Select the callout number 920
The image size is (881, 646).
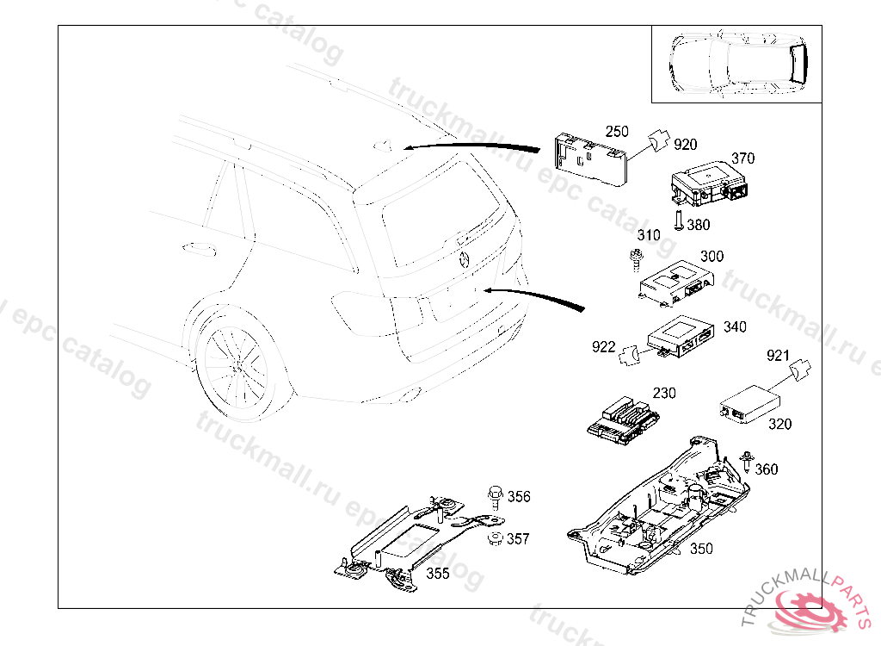pos(685,145)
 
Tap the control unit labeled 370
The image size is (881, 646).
pos(709,184)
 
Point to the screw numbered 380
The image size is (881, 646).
pos(678,220)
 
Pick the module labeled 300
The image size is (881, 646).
pos(676,283)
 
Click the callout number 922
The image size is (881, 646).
pos(603,347)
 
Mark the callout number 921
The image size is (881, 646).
pos(778,355)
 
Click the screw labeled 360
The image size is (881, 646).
pos(746,463)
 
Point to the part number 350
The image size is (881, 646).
pos(701,549)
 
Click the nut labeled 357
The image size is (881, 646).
pos(495,539)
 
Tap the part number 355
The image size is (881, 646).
pos(437,575)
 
